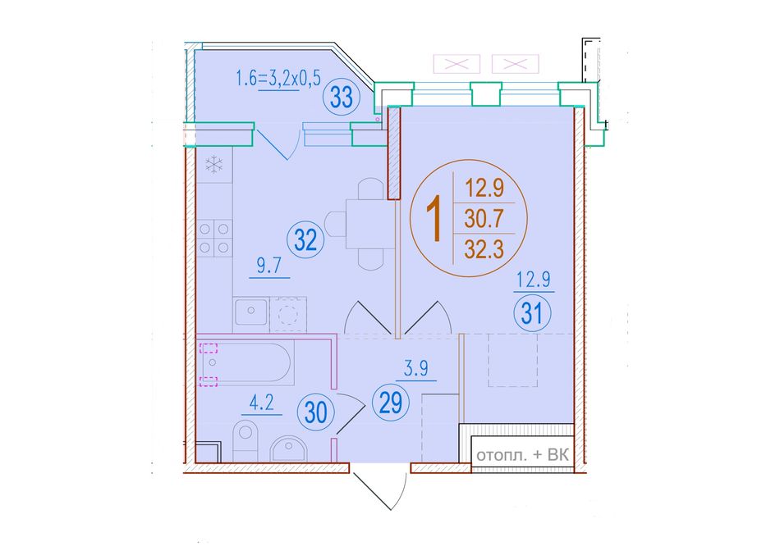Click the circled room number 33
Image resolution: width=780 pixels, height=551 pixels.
[x=342, y=97]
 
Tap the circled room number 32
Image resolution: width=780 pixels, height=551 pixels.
[x=305, y=240]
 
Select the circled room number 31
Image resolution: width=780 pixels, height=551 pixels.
[x=532, y=313]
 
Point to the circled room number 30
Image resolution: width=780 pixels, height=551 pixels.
[x=315, y=412]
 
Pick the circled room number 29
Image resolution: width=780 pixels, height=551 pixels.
[x=391, y=403]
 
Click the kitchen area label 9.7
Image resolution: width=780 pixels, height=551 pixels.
[x=269, y=266]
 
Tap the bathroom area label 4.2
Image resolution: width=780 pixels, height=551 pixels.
[x=262, y=403]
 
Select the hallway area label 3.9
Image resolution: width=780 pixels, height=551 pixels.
[x=416, y=369]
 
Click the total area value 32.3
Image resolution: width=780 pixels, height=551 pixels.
[x=484, y=248]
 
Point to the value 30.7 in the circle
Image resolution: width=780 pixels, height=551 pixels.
[x=484, y=218]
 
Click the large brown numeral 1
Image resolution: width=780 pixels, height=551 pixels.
[x=434, y=219]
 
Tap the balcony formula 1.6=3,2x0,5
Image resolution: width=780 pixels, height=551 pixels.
[x=278, y=79]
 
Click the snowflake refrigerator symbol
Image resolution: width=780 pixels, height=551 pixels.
[x=214, y=164]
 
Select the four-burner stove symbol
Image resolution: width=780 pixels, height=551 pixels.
[x=214, y=238]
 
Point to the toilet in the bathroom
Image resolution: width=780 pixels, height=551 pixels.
[x=245, y=440]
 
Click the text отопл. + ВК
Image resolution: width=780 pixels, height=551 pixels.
[x=522, y=455]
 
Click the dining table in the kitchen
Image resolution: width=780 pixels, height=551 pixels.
[x=370, y=224]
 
